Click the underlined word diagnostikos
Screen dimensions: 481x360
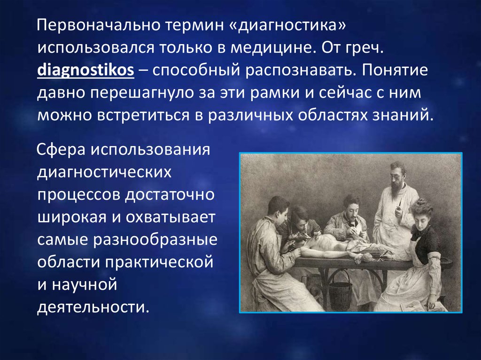[85, 70]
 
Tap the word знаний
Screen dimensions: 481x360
[403, 115]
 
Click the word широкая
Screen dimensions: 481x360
[72, 217]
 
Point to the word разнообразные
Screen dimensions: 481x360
[155, 240]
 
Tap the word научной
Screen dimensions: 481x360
[85, 285]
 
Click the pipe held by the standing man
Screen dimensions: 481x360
[399, 204]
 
